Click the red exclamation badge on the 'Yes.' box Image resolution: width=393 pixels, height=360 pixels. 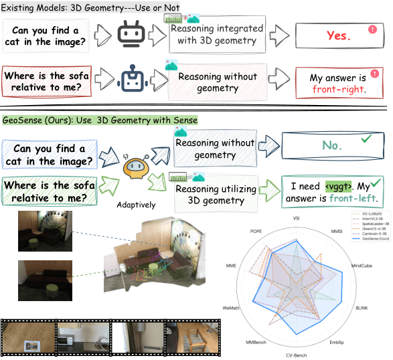(x=372, y=29)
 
